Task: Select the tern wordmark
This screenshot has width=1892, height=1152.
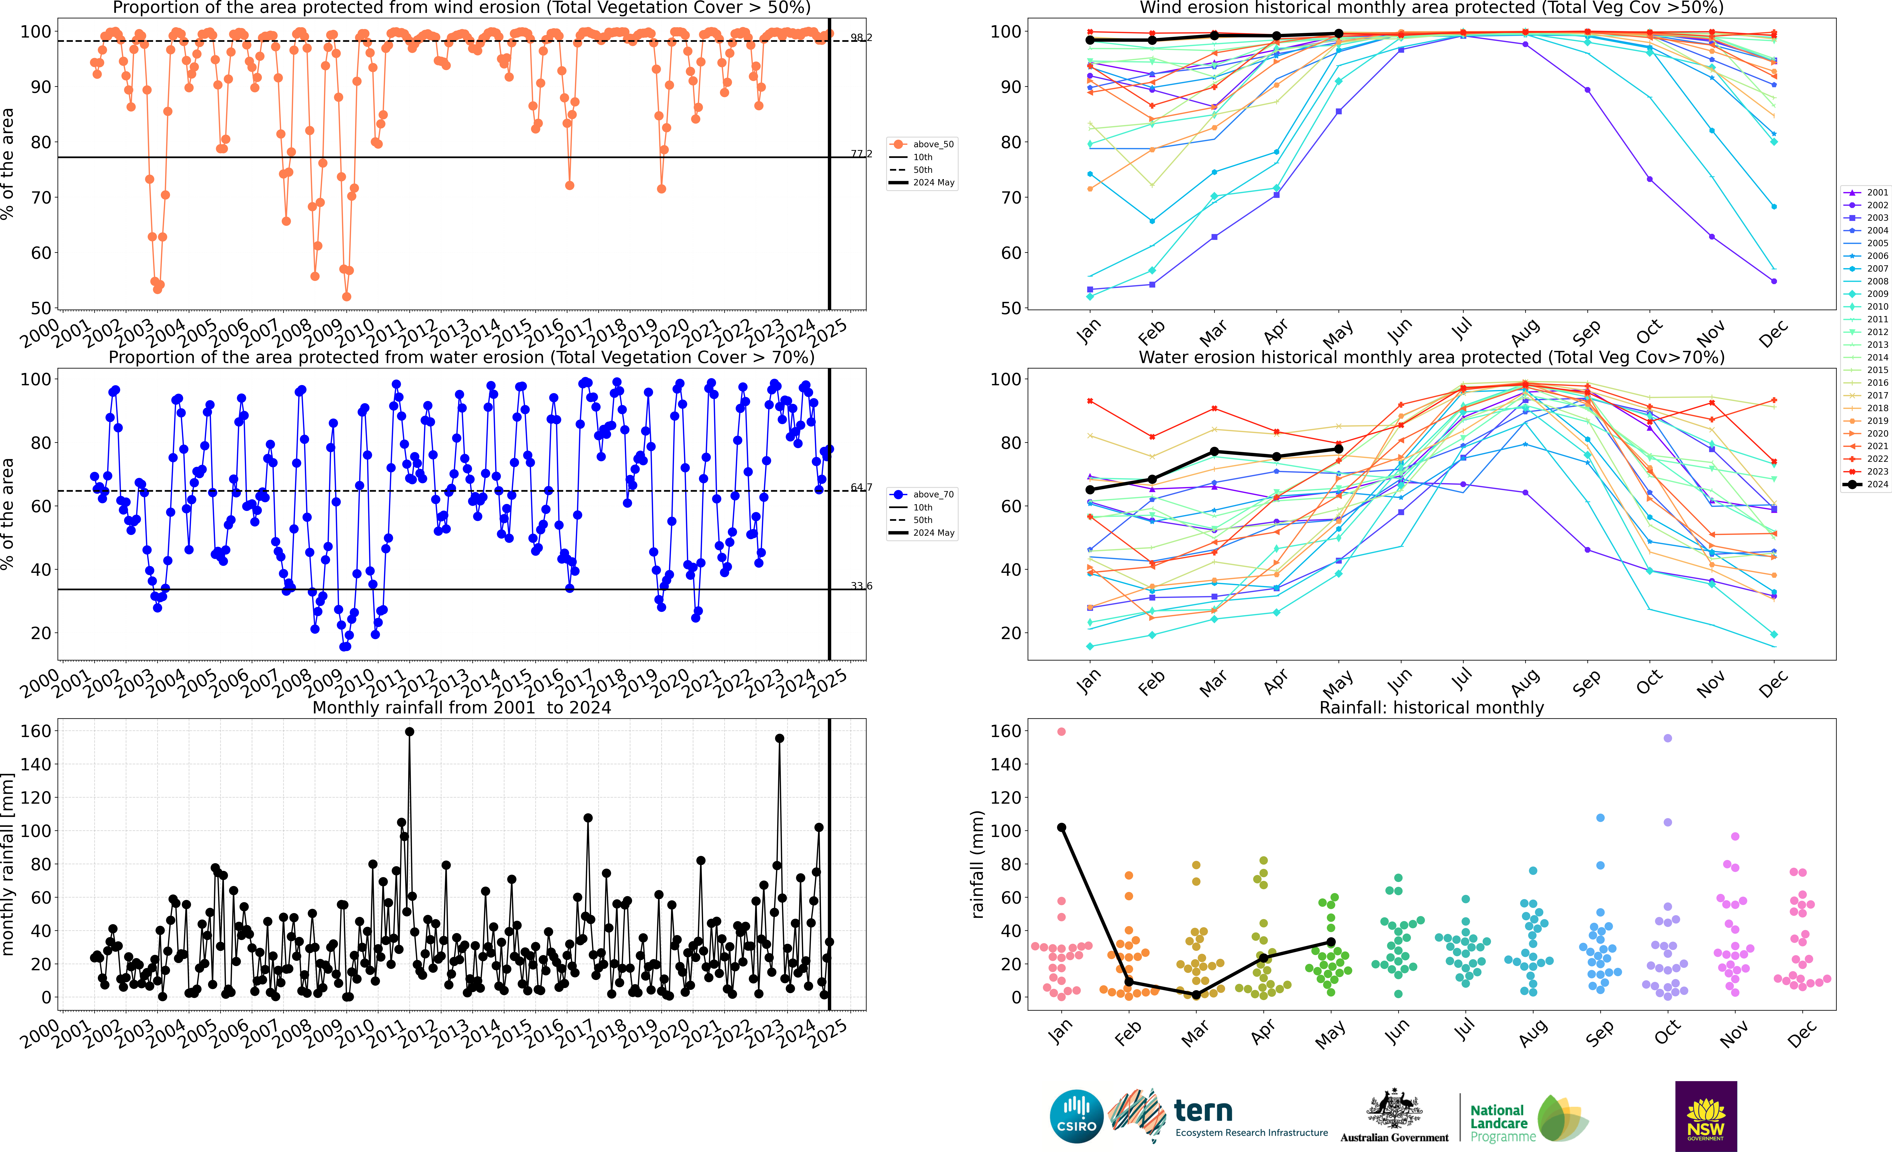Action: [1203, 1111]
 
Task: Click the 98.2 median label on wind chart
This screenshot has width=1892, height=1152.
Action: [861, 38]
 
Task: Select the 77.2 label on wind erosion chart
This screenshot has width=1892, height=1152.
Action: [861, 154]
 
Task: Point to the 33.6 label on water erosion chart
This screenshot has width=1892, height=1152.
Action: [861, 586]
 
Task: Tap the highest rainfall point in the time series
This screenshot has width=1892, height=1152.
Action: [409, 732]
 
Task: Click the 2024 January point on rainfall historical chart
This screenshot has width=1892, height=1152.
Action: [1061, 827]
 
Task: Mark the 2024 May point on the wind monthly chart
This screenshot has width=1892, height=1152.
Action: [1338, 34]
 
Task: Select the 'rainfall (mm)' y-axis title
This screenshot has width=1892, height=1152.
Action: [977, 864]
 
